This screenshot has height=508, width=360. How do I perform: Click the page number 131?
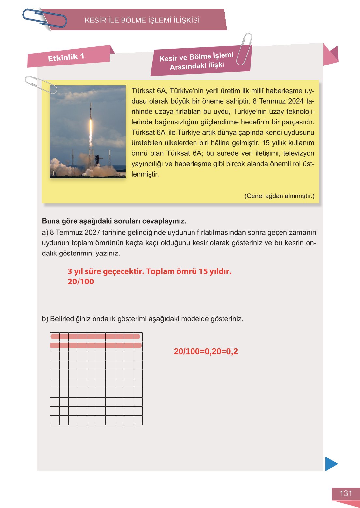346,493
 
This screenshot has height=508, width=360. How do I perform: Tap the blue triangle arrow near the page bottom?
331,464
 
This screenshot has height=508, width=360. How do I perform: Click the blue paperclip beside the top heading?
44,18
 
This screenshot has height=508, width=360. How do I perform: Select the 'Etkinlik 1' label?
66,57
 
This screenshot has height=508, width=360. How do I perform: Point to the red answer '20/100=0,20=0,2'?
206,351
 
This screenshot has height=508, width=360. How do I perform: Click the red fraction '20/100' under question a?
80,282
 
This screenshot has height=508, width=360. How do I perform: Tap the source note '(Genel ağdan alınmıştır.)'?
279,196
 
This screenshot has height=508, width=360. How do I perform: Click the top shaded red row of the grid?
95,337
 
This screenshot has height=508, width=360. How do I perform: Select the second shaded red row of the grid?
95,345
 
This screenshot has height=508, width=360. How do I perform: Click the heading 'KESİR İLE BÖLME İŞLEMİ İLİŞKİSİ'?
142,20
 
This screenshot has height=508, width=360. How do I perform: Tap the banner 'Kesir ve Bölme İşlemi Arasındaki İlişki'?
196,61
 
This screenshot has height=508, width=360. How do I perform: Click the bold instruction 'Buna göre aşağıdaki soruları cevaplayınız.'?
114,221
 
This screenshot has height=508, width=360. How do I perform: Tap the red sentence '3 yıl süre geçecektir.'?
106,271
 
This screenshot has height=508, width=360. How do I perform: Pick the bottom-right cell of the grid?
138,420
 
